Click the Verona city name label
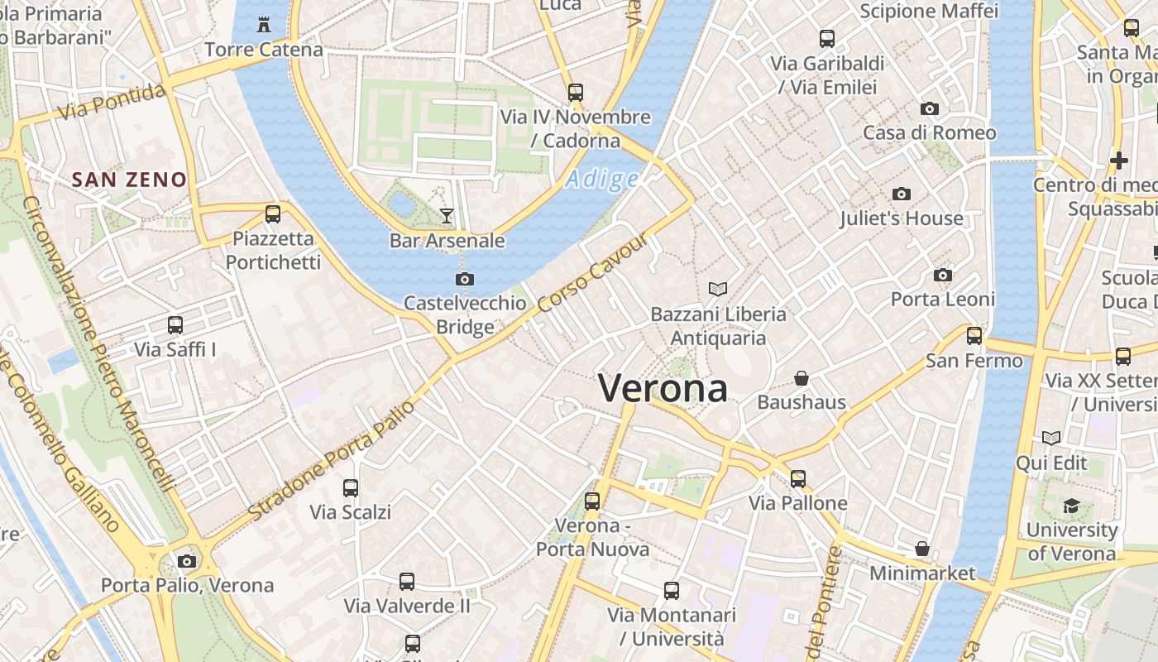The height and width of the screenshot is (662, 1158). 663,388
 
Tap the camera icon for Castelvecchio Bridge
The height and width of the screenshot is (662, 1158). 465,279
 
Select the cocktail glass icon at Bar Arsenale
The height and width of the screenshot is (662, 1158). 447,216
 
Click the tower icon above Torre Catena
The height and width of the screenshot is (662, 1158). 264,25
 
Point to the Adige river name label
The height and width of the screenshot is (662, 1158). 603,179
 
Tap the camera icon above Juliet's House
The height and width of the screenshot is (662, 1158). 901,194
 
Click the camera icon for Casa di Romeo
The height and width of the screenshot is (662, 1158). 929,109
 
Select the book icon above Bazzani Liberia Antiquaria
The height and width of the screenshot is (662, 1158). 718,289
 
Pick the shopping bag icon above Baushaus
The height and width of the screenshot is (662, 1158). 801,378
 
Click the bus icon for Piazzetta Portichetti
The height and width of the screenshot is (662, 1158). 272,214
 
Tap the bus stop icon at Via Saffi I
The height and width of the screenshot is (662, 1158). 175,325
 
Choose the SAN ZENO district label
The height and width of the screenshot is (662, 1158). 129,180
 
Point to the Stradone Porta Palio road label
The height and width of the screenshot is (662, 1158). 331,461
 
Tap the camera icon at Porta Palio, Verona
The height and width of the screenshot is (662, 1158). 187,561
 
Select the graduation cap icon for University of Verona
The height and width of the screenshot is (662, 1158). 1071,506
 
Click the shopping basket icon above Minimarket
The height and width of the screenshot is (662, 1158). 921,549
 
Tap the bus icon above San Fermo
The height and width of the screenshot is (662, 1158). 974,336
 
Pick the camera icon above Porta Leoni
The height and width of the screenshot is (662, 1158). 942,275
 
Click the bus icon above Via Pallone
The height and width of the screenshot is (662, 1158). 797,478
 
